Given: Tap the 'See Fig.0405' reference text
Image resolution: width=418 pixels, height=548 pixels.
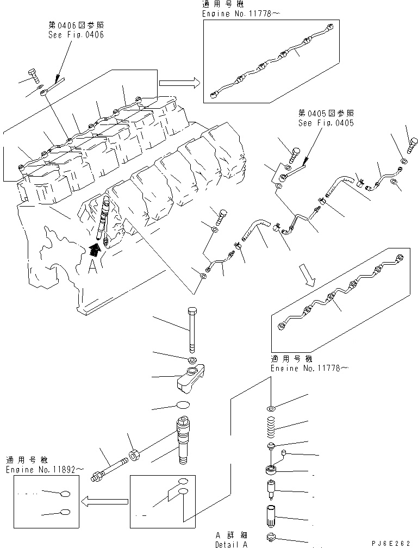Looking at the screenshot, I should (326, 123).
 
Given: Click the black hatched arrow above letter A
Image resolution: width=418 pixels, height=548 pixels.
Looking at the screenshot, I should (95, 249).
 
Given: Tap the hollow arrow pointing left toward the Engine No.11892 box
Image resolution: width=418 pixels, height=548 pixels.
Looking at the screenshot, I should (103, 499).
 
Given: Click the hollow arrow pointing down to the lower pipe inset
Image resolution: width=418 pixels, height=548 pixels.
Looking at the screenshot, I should (308, 276).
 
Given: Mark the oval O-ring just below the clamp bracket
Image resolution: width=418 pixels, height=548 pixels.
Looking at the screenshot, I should (184, 405).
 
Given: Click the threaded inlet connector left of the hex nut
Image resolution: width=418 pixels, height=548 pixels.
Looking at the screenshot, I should (110, 466).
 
